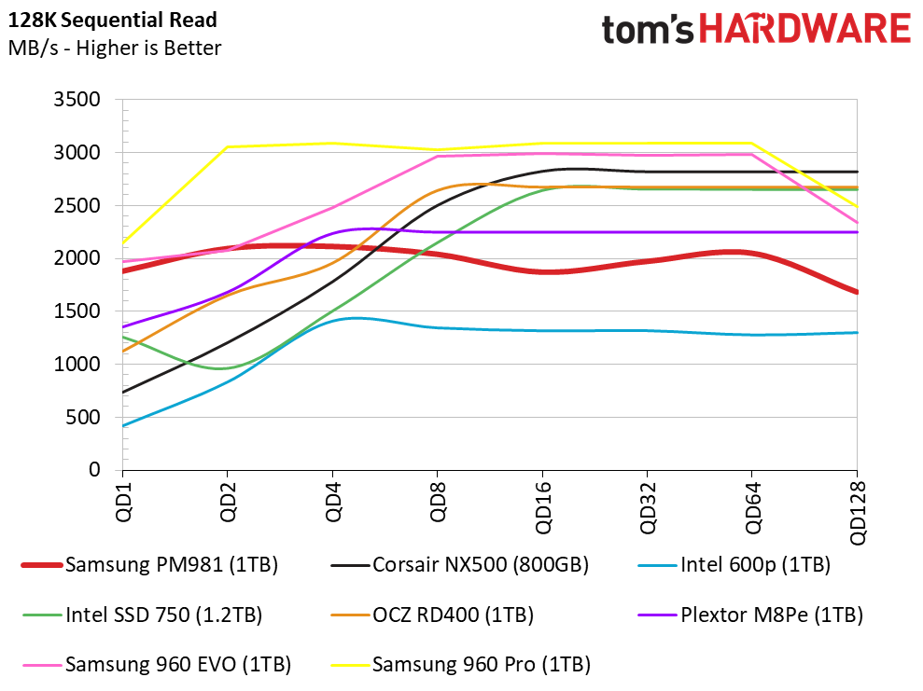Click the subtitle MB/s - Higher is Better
[x=114, y=48]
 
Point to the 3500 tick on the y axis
[x=81, y=100]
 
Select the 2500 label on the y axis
[x=81, y=206]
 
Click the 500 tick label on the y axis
[x=87, y=418]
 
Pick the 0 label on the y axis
[x=95, y=471]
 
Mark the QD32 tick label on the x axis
[x=647, y=504]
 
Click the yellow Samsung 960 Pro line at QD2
[x=227, y=146]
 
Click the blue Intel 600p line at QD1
[x=122, y=426]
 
